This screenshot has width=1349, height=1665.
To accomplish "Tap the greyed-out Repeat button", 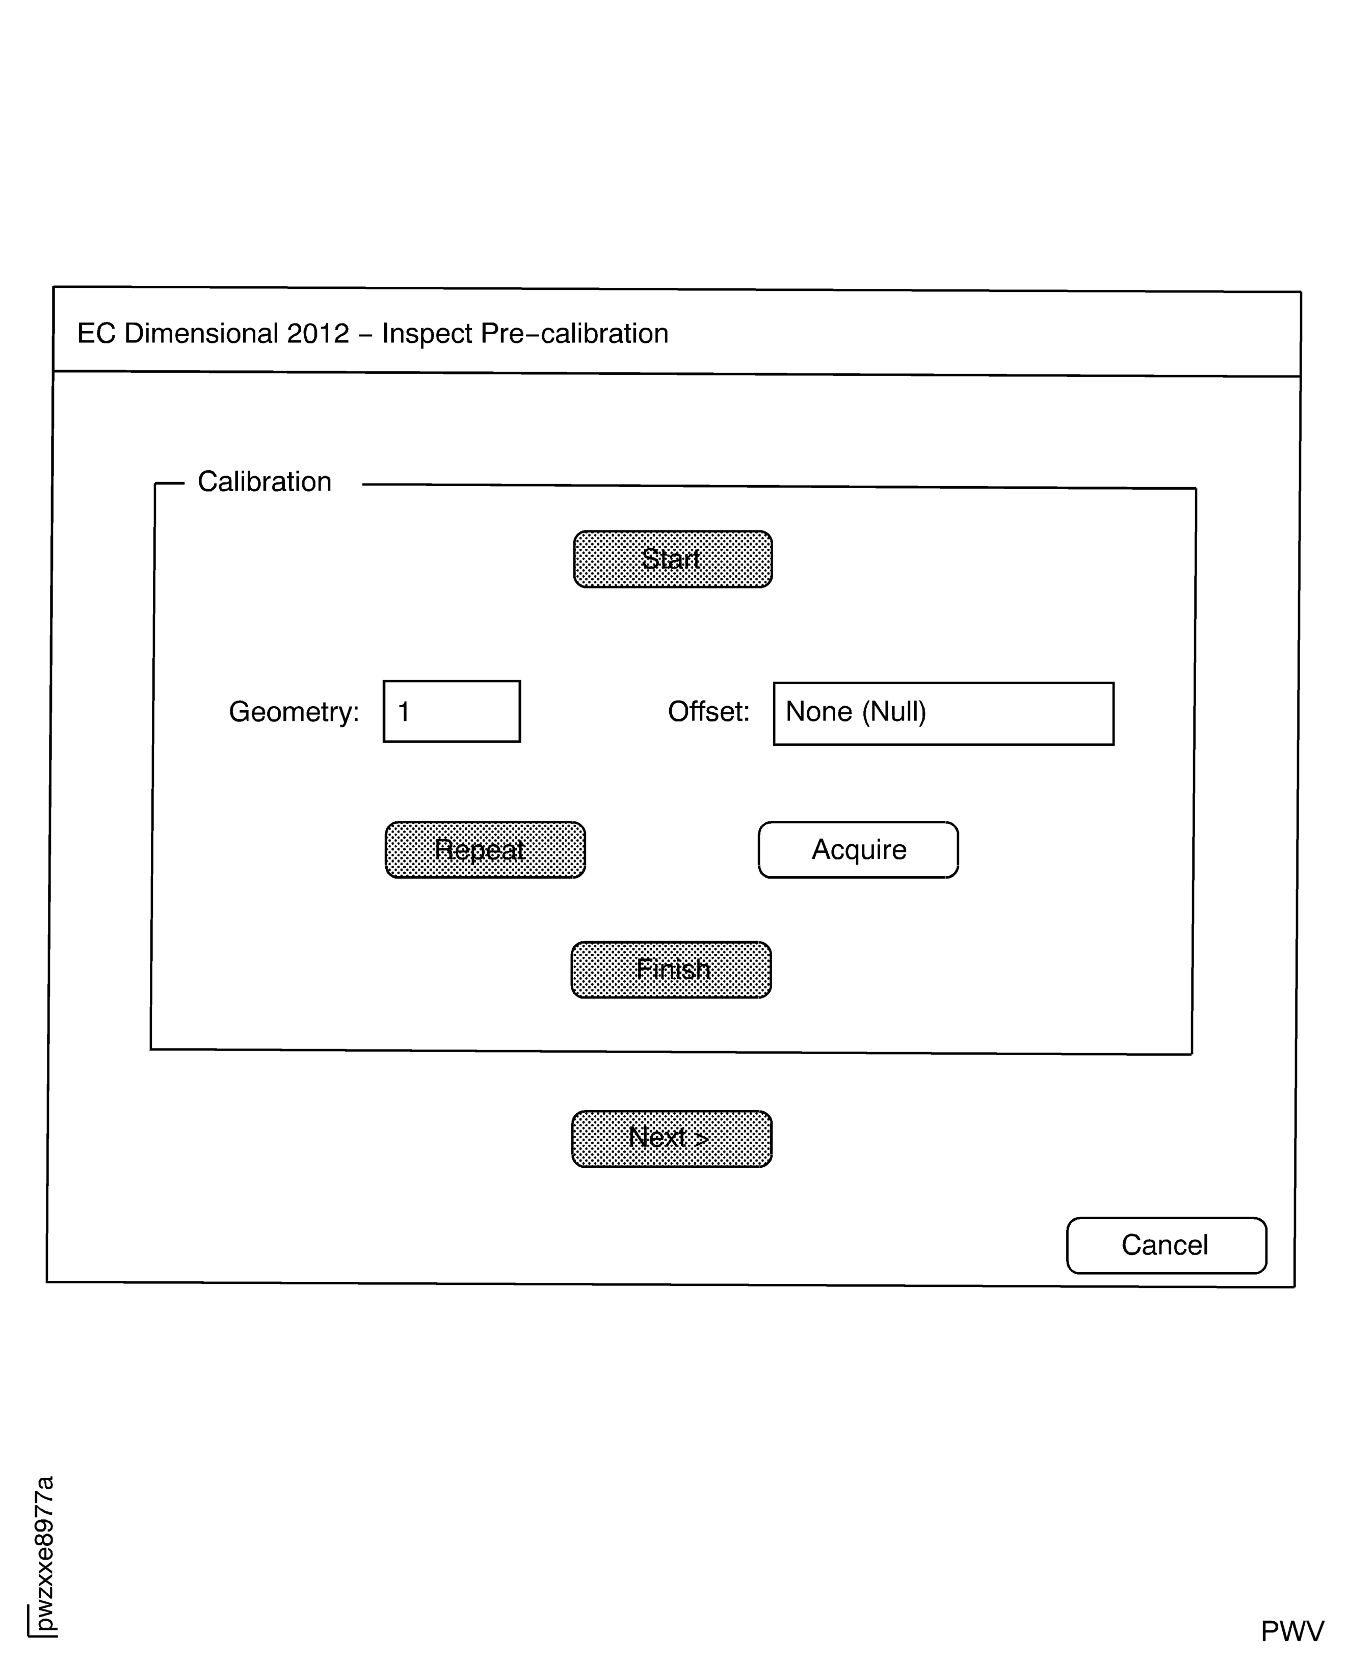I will (x=485, y=850).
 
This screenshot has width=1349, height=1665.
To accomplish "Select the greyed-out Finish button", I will (x=671, y=970).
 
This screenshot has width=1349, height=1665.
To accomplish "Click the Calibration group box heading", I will (x=264, y=481).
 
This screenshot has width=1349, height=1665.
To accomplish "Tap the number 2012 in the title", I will (x=318, y=333).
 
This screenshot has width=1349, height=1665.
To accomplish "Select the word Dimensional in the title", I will (x=200, y=333).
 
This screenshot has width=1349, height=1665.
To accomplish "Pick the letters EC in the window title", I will (x=96, y=333).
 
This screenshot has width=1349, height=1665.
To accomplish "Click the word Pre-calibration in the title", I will (x=574, y=333).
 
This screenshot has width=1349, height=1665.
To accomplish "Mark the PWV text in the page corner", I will (x=1291, y=1631).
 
